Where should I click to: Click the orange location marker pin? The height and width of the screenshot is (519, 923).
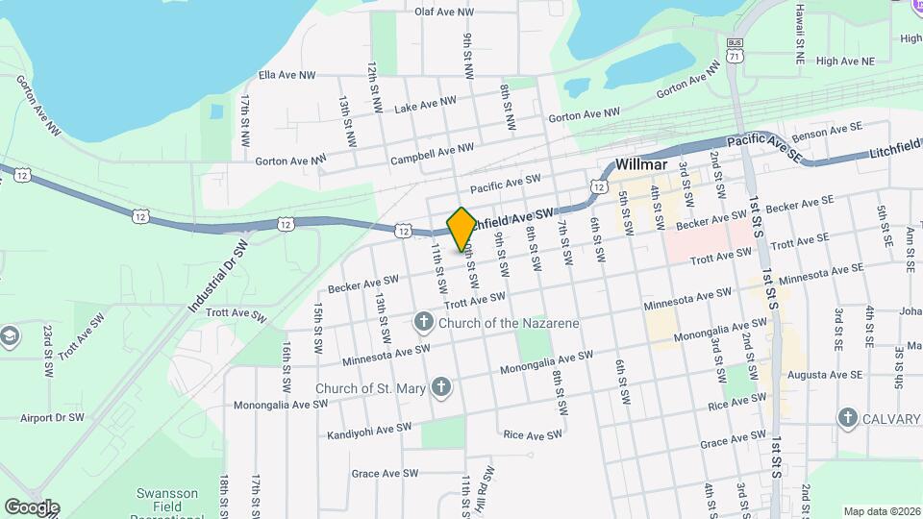tap(461, 228)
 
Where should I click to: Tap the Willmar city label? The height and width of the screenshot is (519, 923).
tap(640, 163)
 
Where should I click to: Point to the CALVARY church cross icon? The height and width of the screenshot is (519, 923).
tap(847, 417)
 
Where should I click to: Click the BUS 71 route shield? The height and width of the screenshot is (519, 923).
tap(736, 50)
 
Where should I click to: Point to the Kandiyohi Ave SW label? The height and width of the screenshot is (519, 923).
tap(369, 430)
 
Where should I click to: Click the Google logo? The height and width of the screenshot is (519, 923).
tap(31, 507)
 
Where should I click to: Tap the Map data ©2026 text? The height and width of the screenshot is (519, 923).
tap(881, 511)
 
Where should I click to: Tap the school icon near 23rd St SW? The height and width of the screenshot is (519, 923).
tap(10, 336)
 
